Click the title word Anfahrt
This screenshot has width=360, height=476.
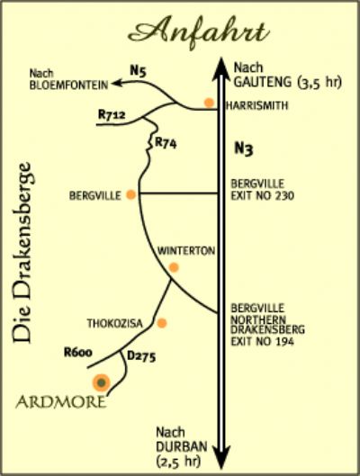pyautogui.click(x=199, y=31)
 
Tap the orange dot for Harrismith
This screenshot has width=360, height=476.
pyautogui.click(x=209, y=103)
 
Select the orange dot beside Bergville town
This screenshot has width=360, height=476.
pyautogui.click(x=130, y=194)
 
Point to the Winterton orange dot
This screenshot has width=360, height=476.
pyautogui.click(x=174, y=267)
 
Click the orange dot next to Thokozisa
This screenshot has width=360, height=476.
pyautogui.click(x=162, y=323)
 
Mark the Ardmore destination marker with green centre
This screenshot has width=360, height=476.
pyautogui.click(x=102, y=382)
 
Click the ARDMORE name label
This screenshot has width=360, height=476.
pyautogui.click(x=61, y=402)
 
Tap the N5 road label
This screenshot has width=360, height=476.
pyautogui.click(x=138, y=71)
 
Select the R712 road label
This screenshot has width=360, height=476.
pyautogui.click(x=112, y=114)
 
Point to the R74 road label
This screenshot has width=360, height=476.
pyautogui.click(x=166, y=143)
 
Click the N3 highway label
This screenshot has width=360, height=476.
pyautogui.click(x=244, y=148)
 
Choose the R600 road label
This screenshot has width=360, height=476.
pyautogui.click(x=78, y=353)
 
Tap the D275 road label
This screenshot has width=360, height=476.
pyautogui.click(x=141, y=356)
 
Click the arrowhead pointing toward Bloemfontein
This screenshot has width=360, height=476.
pyautogui.click(x=117, y=83)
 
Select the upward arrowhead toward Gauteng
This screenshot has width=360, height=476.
pyautogui.click(x=221, y=67)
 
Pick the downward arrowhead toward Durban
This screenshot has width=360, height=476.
pyautogui.click(x=221, y=458)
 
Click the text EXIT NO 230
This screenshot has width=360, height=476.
pyautogui.click(x=263, y=196)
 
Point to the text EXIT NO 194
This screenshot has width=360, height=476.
pyautogui.click(x=263, y=342)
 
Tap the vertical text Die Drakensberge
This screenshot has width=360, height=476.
pyautogui.click(x=22, y=253)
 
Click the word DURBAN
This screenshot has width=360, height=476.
pyautogui.click(x=182, y=446)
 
